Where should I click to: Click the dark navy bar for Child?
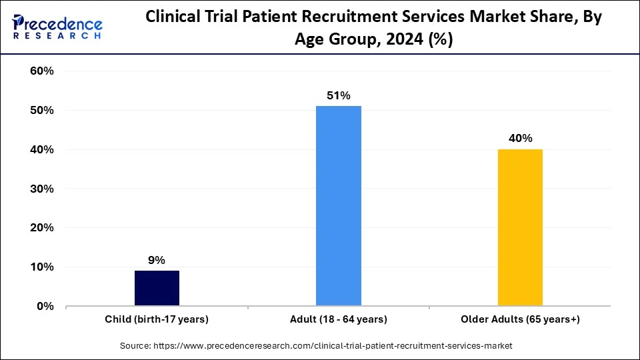[x=157, y=288]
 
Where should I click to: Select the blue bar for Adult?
[x=339, y=206]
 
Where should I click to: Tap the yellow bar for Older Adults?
[x=520, y=227]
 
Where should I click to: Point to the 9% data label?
[x=157, y=260]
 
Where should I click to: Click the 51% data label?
[x=339, y=95]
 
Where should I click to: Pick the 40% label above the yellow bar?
[x=520, y=139]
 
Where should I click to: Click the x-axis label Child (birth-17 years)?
[x=157, y=319]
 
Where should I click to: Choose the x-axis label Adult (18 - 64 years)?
[x=339, y=319]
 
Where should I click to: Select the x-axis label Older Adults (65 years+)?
[x=520, y=319]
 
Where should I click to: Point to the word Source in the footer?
[x=135, y=346]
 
